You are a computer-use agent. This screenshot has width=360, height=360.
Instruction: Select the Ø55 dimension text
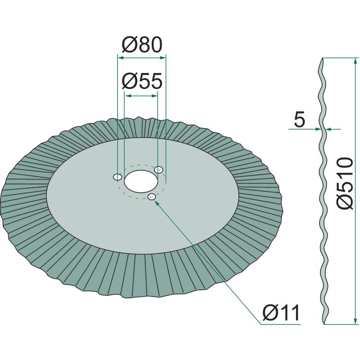tap(142, 81)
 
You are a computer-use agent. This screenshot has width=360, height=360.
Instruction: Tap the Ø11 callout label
tap(281, 312)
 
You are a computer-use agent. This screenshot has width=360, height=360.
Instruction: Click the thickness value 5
tap(299, 119)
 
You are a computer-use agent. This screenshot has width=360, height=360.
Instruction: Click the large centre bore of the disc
tap(141, 181)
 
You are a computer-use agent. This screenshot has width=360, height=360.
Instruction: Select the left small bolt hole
tap(118, 177)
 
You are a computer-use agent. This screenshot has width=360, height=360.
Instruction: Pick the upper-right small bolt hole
tap(159, 170)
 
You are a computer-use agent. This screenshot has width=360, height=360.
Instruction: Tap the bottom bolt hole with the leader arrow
tap(152, 197)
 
